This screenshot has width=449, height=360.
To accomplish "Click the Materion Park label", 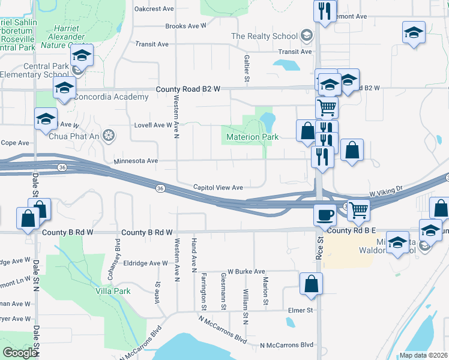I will (252, 137).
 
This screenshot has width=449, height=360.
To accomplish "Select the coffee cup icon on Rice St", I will (325, 214).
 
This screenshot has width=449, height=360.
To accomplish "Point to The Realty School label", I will (264, 36).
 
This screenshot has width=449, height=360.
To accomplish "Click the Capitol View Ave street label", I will (217, 188).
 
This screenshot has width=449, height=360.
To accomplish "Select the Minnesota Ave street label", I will (136, 161).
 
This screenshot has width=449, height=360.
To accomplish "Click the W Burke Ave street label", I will (246, 272).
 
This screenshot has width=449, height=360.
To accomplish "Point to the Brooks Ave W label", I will (185, 26).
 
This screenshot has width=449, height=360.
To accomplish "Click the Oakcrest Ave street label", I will (154, 9).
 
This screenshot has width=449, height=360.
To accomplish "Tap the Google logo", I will (20, 352).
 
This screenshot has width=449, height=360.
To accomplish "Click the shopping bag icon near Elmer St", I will (311, 284).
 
